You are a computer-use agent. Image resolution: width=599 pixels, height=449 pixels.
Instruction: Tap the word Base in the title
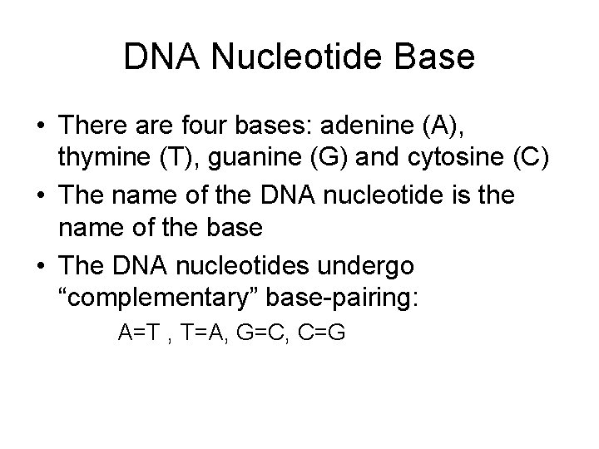coord(433,58)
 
